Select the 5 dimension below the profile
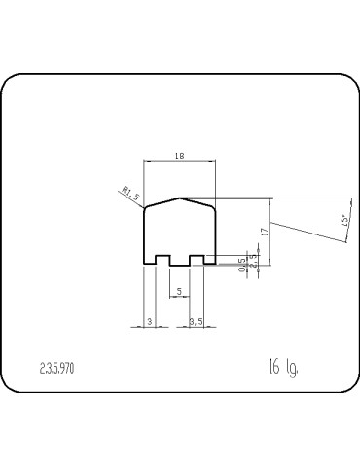coord(178,290)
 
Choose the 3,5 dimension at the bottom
coord(196,319)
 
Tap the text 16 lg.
coord(283,367)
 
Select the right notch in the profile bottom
coord(197,261)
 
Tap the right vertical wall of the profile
coord(214,233)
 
